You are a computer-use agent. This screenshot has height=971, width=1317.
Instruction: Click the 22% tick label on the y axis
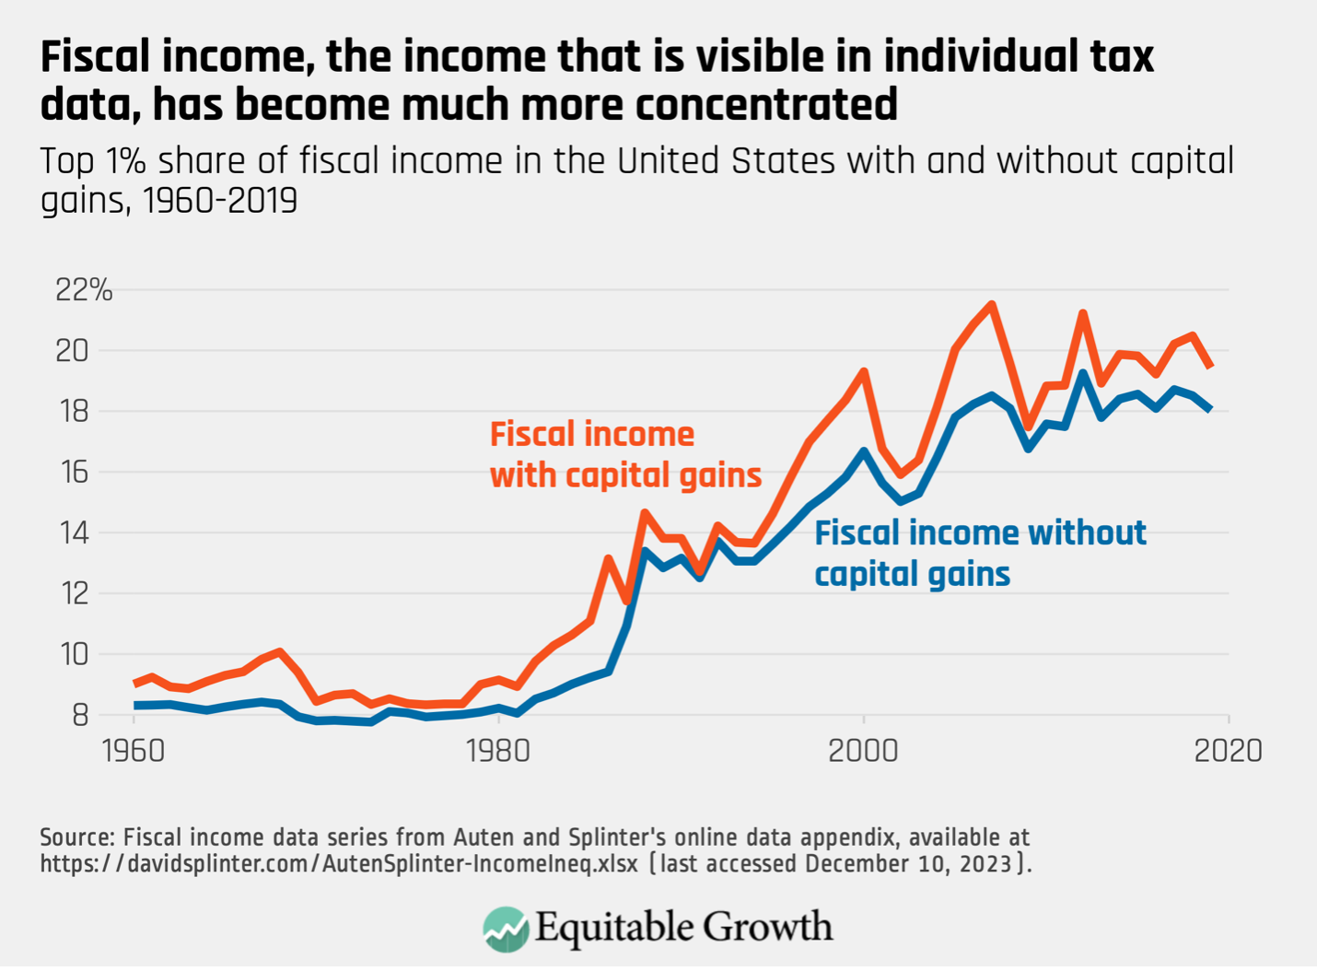coord(84,290)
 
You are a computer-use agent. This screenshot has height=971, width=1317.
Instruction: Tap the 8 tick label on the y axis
coord(79,715)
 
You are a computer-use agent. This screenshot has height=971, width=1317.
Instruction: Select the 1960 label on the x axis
coord(134,751)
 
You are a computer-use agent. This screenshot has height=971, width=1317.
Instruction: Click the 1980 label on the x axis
coord(498,751)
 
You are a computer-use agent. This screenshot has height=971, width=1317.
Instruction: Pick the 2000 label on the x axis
coord(863,751)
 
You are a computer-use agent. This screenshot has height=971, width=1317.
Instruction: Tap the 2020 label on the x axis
coord(1228,751)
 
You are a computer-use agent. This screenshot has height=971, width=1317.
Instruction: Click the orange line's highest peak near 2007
coord(992,304)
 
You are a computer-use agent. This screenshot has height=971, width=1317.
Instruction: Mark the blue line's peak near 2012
coord(1083,373)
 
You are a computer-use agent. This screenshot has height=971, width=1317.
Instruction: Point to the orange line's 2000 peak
coord(864,371)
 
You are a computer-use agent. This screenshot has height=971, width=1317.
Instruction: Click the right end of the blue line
coord(1210,408)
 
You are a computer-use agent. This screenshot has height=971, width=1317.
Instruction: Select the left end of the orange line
coord(135,684)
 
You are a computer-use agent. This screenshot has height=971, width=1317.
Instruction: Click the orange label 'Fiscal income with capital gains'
coord(624,454)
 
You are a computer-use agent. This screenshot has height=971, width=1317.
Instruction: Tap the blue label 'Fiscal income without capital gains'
coord(980,553)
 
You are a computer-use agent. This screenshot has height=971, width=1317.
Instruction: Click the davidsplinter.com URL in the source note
coord(338,864)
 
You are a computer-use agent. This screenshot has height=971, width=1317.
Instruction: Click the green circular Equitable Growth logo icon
coord(506,929)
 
